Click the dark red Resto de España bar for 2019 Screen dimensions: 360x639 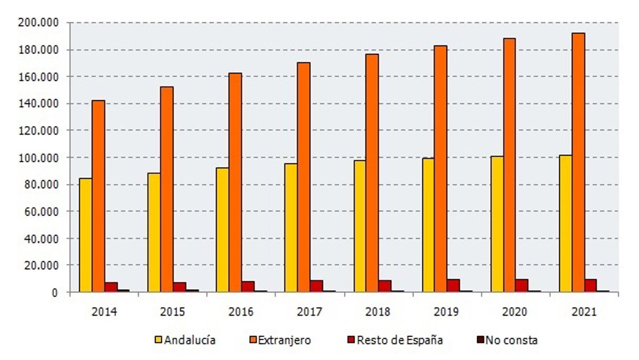pos(453,285)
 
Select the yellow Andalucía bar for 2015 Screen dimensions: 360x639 pos(153,232)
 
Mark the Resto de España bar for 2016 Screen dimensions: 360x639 pos(248,287)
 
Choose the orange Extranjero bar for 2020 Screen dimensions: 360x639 pos(509,165)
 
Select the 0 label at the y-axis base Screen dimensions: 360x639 pos(54,292)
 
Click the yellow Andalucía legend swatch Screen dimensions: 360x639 pos(158,340)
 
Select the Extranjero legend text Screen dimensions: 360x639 pos(284,340)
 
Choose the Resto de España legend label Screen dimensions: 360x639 pos(400,340)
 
